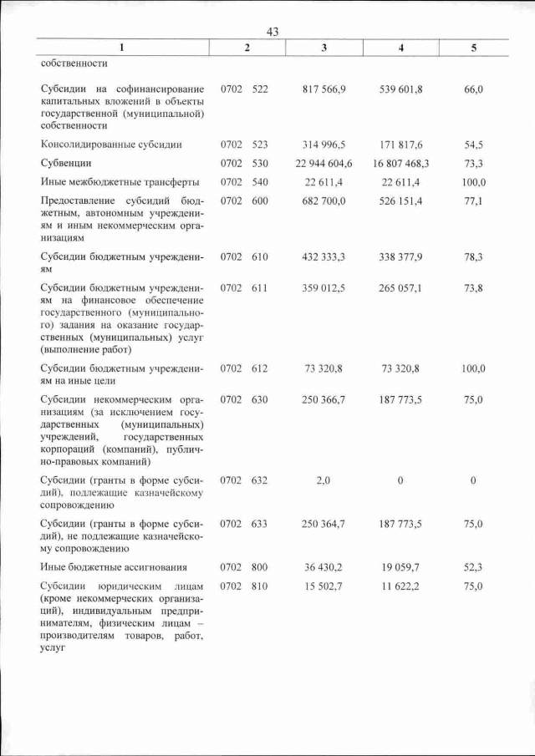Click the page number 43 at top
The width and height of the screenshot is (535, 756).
[x=272, y=32]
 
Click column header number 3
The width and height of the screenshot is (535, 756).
[x=324, y=48]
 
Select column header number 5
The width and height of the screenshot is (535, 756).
[x=473, y=48]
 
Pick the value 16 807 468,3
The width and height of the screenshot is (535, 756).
[x=401, y=163]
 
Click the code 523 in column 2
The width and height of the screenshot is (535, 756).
[x=260, y=145]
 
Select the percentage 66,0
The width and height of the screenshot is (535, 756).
[x=473, y=89]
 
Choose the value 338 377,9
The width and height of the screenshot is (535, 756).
[x=401, y=257]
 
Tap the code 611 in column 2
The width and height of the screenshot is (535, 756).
[x=260, y=287]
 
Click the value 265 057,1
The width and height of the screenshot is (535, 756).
[x=401, y=287]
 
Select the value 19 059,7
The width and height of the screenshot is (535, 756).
[x=401, y=567]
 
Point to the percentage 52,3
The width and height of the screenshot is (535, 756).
[x=473, y=567]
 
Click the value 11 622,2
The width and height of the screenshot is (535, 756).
[x=401, y=586]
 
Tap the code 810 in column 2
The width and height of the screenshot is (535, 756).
[x=260, y=586]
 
